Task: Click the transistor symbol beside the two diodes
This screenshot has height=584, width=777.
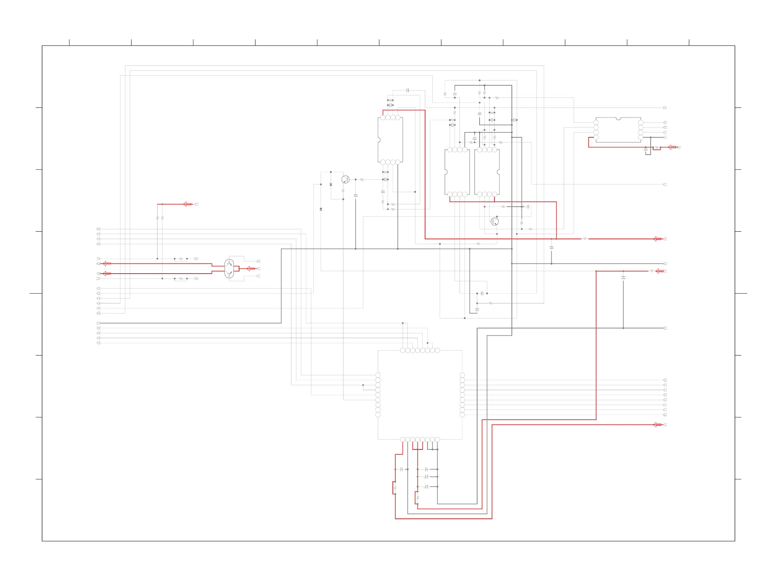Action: coord(345,179)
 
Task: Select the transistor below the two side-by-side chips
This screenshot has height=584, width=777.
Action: coord(495,222)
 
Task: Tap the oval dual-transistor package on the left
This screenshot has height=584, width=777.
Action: coord(229,268)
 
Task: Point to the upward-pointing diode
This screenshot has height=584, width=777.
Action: coord(330,184)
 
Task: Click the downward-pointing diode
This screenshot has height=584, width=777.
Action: coord(321,209)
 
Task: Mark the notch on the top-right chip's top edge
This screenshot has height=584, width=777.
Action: coord(618,119)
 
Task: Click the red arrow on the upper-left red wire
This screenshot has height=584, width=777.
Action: coord(187,204)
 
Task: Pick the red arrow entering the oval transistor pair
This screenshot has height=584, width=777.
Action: coord(251,268)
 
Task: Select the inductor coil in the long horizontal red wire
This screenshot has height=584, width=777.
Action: coord(584,239)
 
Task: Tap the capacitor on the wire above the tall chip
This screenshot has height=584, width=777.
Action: coord(407,90)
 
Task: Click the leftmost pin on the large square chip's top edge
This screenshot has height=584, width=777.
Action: coord(403,350)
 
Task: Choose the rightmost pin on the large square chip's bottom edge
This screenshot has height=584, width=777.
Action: coord(437,439)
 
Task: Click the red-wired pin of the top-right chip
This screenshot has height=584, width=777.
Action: coord(596,137)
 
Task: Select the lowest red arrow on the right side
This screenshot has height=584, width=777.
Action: coord(657,425)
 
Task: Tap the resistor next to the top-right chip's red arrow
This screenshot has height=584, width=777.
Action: coord(657,147)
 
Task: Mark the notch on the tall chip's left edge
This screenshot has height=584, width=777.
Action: coord(379,140)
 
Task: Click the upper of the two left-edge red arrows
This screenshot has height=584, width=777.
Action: coord(107,264)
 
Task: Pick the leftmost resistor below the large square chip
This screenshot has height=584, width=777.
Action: coord(395,488)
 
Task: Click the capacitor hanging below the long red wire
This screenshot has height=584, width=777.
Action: coord(551,247)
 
